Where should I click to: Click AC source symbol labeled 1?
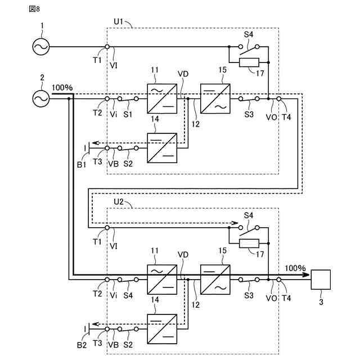pos(40,47)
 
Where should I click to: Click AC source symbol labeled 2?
pos(40,98)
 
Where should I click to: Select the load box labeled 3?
pos(321,279)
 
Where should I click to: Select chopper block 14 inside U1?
pos(161,148)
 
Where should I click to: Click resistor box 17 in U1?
pos(248,62)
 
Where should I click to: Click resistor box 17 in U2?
pos(248,243)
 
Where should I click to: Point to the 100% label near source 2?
pos(62,88)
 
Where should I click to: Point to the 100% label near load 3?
pos(295,268)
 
